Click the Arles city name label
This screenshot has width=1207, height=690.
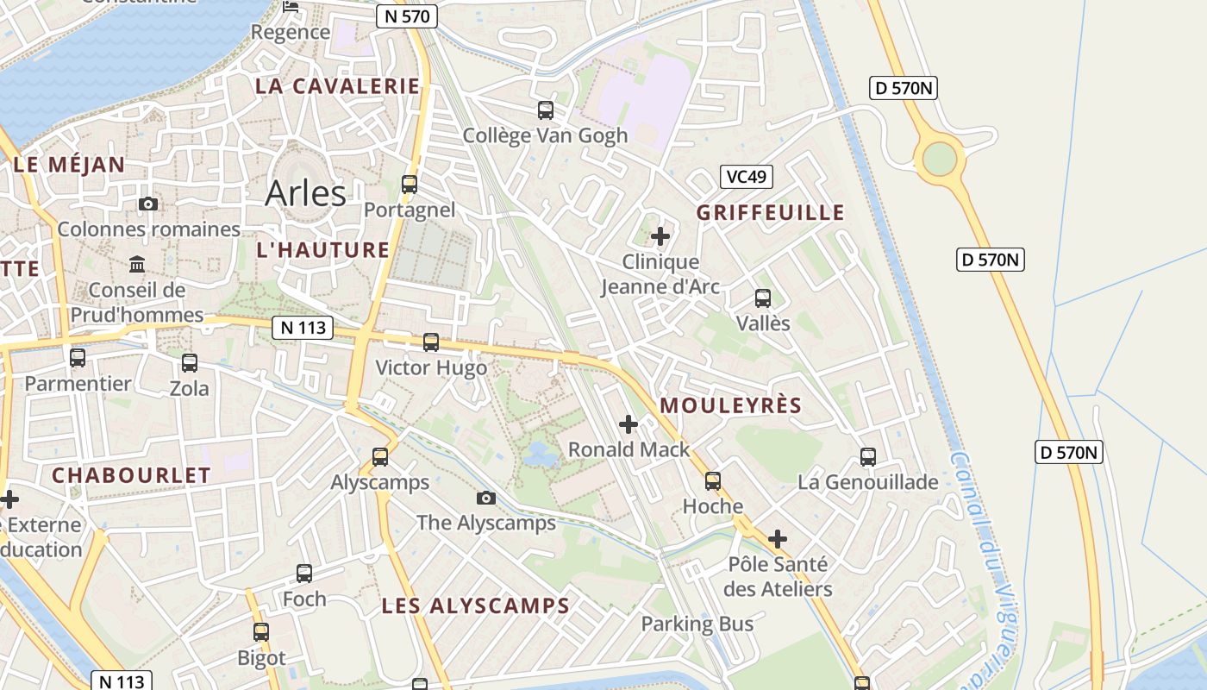[305, 193]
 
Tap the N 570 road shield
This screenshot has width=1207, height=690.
[407, 16]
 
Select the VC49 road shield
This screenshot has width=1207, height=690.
[747, 177]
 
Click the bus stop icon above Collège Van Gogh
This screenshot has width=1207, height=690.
[546, 110]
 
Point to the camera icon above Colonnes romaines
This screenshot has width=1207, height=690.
[148, 204]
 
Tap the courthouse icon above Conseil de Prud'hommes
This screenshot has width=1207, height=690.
[137, 264]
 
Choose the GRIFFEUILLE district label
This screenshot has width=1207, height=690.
[770, 212]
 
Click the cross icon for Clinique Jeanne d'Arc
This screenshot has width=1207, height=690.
[660, 235]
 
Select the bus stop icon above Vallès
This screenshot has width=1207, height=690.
[763, 298]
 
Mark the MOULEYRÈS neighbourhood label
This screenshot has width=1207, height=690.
[730, 405]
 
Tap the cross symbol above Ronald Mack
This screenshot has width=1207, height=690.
[629, 423]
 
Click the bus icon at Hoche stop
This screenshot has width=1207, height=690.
[713, 481]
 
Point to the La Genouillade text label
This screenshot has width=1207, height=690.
[867, 482]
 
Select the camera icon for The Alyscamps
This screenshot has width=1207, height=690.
[486, 498]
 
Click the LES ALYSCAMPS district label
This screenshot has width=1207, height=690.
[475, 605]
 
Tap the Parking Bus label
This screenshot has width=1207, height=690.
[697, 624]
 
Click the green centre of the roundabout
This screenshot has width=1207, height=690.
[939, 159]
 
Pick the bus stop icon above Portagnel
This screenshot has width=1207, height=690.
[410, 184]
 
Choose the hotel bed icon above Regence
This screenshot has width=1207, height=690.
[291, 7]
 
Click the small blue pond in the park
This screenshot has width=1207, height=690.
[540, 454]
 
